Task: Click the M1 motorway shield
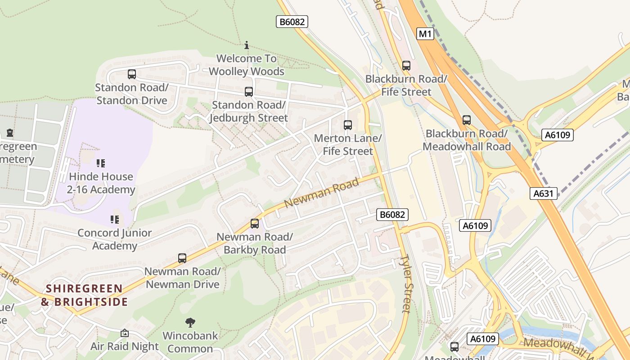coord(425,34)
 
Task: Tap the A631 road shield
coord(543,193)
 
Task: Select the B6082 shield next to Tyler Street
coord(392,215)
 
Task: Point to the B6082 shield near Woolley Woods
coord(292,21)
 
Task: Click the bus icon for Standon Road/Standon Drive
coord(131,74)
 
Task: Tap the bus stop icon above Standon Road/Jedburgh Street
coord(248,92)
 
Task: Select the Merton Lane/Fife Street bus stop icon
coord(347,125)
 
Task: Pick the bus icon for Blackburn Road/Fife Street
coord(406,66)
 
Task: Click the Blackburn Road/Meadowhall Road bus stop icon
coord(466,120)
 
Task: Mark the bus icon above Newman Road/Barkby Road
coord(254,223)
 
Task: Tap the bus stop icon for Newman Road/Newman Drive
coord(182,258)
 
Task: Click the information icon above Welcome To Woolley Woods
coord(246,45)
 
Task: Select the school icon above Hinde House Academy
coord(101,163)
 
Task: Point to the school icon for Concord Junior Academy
coord(114,220)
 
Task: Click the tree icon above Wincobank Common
coord(190,322)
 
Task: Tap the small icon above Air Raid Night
coord(124,333)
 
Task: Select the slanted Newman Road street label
coord(322,192)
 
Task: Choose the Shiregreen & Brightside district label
coord(85,295)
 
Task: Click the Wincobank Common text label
coord(190,342)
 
